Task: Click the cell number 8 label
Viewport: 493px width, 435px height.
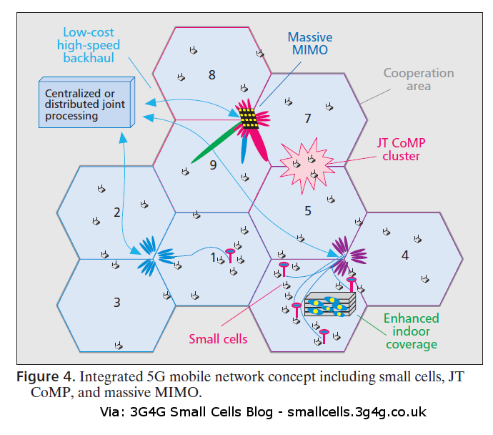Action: [x=211, y=75]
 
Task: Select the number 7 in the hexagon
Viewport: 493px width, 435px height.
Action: [x=308, y=117]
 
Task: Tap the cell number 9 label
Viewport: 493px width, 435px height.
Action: [x=212, y=165]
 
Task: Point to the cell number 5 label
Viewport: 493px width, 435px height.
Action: [x=308, y=211]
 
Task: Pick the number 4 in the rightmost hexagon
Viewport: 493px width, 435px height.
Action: [x=405, y=255]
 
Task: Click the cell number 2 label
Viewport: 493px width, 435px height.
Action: [x=116, y=212]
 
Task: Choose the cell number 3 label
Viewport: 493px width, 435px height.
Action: [x=116, y=302]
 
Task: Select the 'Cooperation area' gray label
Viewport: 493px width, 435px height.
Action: [x=418, y=79]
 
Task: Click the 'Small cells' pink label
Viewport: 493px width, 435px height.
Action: [x=218, y=338]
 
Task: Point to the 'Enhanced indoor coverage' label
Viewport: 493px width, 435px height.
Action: [x=411, y=331]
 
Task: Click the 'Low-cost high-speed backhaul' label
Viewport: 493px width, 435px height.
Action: [x=91, y=45]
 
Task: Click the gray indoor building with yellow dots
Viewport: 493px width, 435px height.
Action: [x=329, y=304]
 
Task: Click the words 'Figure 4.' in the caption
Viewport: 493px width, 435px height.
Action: [x=45, y=377]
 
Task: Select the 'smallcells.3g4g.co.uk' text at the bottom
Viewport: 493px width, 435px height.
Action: [x=357, y=413]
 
